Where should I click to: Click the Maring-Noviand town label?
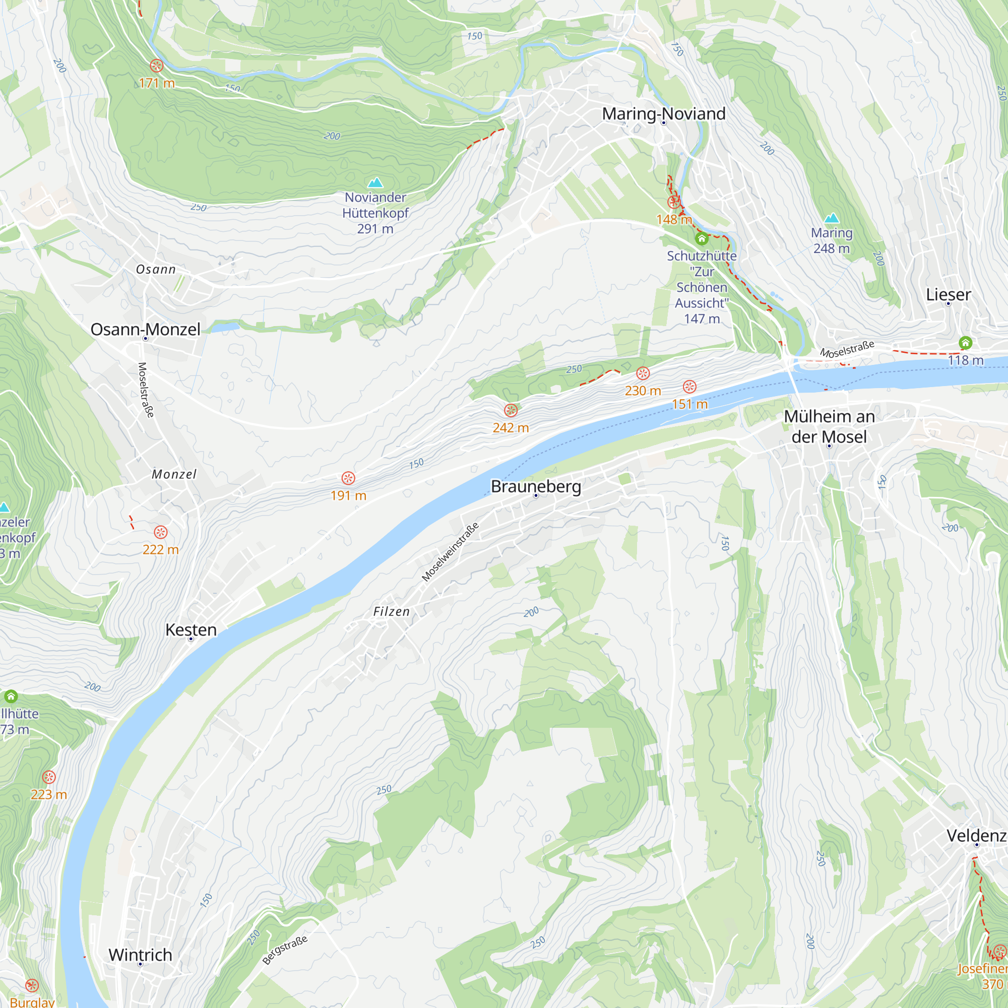tap(664, 113)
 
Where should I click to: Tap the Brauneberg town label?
tap(536, 486)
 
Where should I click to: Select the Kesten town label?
tap(191, 629)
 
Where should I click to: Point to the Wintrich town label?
tap(140, 954)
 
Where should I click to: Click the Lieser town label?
tap(948, 294)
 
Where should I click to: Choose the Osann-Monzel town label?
tap(146, 329)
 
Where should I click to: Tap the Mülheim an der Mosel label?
tap(829, 426)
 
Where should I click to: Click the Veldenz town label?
tap(976, 835)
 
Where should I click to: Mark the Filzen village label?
tap(391, 611)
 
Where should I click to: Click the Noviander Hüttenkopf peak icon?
tap(375, 182)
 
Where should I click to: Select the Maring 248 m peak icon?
tap(832, 218)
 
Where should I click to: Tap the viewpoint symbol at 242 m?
tap(511, 411)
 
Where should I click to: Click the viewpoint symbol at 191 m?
tap(349, 478)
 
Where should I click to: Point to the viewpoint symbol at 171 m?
tap(157, 66)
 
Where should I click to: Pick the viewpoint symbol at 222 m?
tap(161, 532)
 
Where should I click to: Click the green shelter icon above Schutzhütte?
tap(702, 239)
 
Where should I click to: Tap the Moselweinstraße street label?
tap(450, 552)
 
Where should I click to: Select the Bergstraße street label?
tap(285, 950)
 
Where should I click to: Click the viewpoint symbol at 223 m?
tap(49, 777)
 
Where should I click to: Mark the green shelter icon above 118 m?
tap(965, 343)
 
